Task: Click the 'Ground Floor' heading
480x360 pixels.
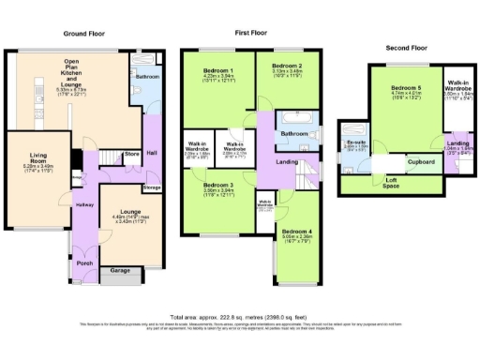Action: pos(83,34)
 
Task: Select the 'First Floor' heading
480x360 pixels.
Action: pos(251,34)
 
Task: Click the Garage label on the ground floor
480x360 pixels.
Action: pos(121,270)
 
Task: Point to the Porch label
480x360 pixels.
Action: pos(85,262)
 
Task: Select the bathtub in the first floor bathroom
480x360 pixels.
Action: pos(289,120)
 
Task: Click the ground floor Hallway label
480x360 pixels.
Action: pos(84,203)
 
